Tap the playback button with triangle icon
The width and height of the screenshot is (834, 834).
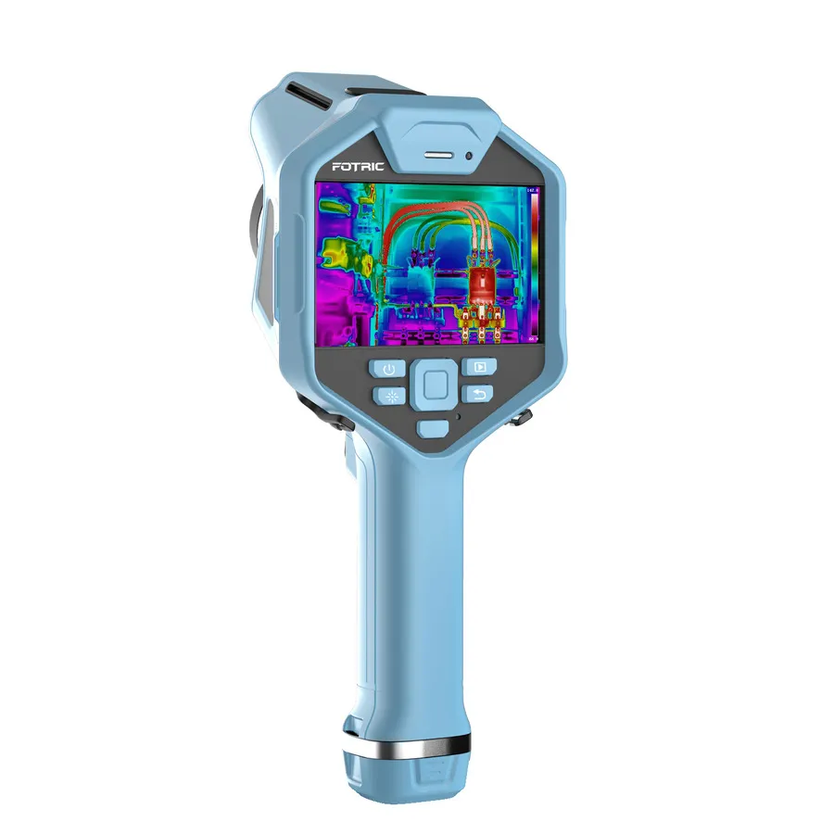point(479,367)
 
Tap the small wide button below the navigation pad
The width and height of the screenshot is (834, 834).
point(432,428)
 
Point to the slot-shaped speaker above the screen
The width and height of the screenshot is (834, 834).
point(439,154)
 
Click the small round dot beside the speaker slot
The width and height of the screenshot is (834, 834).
point(470,156)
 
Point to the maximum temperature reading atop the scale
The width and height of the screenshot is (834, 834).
point(532,190)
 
